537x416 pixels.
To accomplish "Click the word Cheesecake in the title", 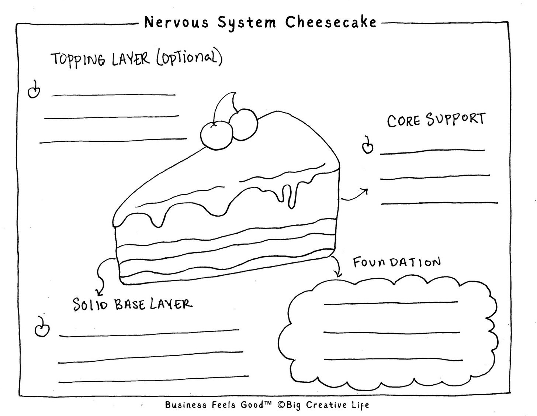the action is coord(331,23).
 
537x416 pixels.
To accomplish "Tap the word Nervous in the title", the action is coord(176,23).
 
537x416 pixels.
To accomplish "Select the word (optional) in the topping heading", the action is coord(189,58).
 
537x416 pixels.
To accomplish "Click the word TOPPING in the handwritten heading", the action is coord(78,59).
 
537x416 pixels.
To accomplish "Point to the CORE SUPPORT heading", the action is coord(436,120).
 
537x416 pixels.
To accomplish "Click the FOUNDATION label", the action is coord(396,262).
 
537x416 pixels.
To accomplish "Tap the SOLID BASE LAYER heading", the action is coord(132,305).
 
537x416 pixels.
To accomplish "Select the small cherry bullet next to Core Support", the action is coord(367,146).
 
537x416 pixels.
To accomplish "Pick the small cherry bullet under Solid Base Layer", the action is coord(42,329).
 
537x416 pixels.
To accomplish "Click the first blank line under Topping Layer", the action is coord(113,95).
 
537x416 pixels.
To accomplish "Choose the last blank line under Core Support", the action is coord(439,203).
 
